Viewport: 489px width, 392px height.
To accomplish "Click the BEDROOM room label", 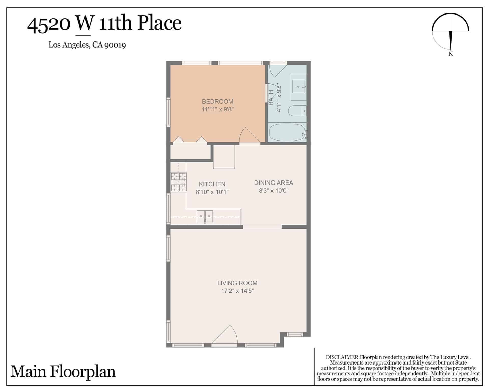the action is pyautogui.click(x=218, y=101).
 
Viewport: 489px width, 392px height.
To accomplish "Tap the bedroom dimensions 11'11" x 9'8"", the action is pyautogui.click(x=218, y=109).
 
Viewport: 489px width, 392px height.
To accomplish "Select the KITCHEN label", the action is pyautogui.click(x=212, y=184).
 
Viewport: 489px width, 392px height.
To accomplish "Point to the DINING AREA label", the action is pyautogui.click(x=274, y=183).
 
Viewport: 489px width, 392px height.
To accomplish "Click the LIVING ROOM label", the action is pyautogui.click(x=237, y=283).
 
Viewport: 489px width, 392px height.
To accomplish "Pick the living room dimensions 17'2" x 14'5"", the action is pyautogui.click(x=237, y=291).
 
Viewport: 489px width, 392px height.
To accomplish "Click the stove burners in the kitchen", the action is pyautogui.click(x=179, y=182).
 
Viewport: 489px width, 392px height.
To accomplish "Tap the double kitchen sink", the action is pyautogui.click(x=205, y=216).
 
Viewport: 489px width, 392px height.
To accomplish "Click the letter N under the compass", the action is pyautogui.click(x=451, y=54).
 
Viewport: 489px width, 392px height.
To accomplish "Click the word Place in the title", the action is pyautogui.click(x=159, y=23).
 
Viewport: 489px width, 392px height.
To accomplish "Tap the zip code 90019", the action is pyautogui.click(x=115, y=45).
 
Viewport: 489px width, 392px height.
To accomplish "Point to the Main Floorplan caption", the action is pyautogui.click(x=63, y=372).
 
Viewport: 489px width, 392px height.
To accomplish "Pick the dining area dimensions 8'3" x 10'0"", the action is pyautogui.click(x=274, y=191).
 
